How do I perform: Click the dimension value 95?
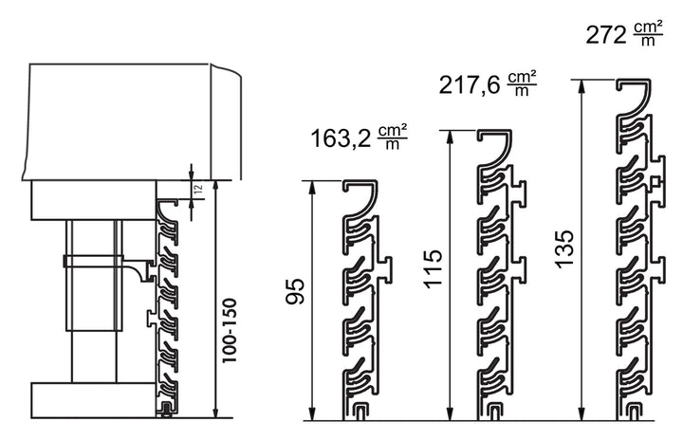pos(295,291)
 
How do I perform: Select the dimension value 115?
pos(433,268)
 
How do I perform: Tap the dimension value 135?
pos(564,249)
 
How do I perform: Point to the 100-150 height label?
pos(230,330)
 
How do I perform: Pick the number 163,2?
pos(341,139)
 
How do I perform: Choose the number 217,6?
pos(470,85)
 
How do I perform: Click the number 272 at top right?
pos(606,35)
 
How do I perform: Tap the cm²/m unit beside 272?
pos(648,33)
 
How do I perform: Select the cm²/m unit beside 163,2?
pos(393,137)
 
